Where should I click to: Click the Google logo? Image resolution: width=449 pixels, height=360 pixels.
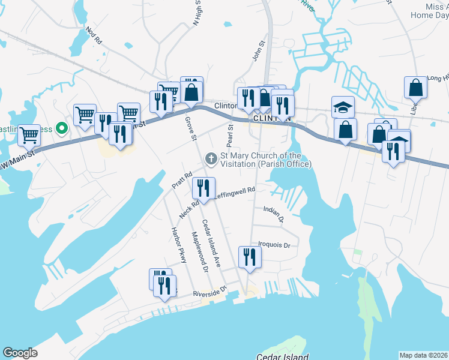point(20,353)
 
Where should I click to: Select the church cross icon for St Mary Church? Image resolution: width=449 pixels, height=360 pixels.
point(211,158)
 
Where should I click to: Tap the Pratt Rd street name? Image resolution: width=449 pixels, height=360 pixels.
point(181,181)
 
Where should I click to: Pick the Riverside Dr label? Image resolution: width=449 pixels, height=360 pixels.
point(210,292)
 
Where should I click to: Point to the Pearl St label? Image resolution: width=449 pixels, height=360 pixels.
point(230,134)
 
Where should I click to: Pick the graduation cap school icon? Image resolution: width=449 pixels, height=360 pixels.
point(343,107)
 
